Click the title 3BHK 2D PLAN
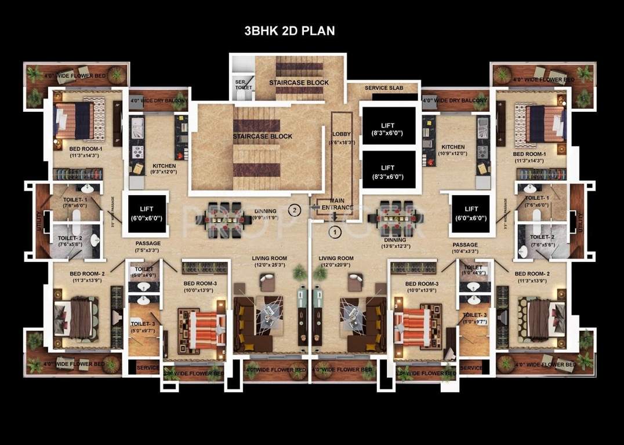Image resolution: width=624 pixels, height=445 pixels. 289,31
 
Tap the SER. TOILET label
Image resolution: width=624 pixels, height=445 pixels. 240,85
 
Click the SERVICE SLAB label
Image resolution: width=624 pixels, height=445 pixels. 383,88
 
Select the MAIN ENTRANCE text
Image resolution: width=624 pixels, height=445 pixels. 342,204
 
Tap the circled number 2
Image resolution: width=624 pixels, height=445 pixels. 295,210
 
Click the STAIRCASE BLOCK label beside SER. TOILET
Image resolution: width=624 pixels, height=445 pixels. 299,83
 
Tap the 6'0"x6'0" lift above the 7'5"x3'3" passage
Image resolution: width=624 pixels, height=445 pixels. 145,214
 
